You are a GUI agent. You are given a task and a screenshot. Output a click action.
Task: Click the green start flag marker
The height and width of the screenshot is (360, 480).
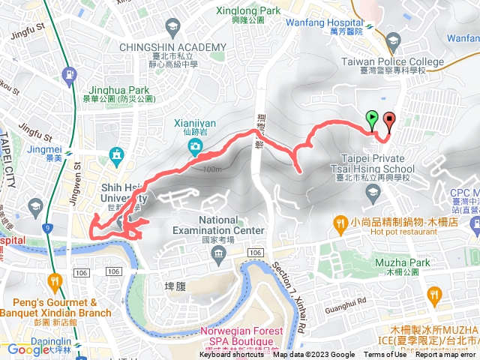pos(371,118)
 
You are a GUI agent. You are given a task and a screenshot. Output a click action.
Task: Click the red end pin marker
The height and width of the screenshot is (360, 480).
pos(388,120)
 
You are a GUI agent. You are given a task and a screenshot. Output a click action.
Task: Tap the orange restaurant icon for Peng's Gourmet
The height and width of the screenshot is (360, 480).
pos(54,283)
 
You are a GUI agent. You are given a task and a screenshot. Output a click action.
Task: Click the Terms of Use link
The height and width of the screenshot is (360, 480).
pos(385,355)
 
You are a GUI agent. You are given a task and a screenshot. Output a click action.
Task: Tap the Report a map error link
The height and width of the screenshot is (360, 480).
pos(445,355)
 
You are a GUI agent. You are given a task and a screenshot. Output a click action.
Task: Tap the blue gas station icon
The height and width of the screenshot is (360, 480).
pos(70,75)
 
